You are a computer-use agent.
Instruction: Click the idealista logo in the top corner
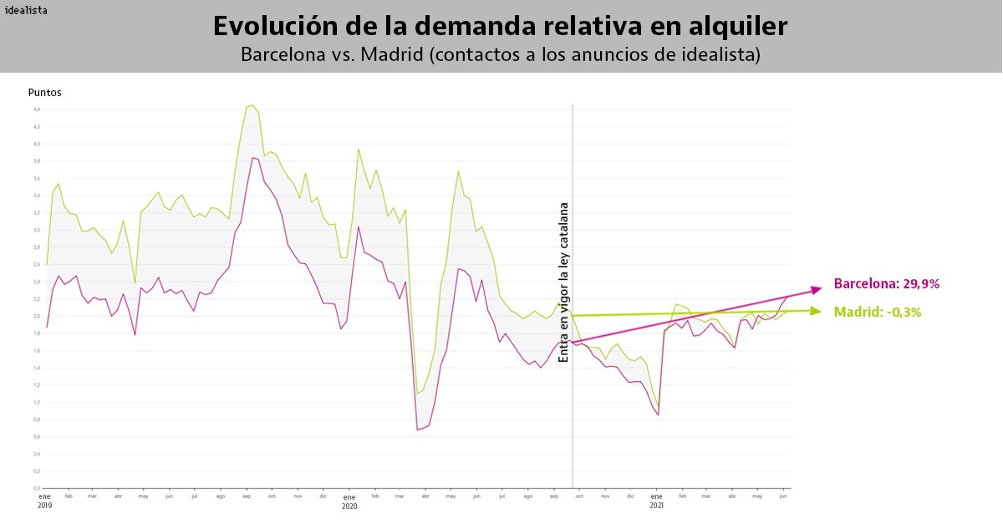(26, 10)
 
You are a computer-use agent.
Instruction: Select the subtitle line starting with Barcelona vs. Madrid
(500, 54)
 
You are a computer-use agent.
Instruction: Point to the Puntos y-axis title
(44, 93)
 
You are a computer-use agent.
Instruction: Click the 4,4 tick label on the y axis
(36, 109)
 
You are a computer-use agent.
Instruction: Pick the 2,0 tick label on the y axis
(36, 316)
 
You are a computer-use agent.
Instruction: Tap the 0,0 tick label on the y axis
(36, 488)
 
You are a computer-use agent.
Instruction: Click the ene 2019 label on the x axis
(44, 501)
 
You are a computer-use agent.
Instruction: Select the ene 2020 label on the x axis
(349, 501)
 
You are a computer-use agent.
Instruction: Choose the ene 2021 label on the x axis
(657, 501)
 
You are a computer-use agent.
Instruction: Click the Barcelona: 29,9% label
(887, 284)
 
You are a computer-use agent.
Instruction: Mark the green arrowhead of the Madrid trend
(817, 311)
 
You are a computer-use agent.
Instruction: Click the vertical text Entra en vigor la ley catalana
(564, 282)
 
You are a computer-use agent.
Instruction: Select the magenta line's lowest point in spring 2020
(417, 430)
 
